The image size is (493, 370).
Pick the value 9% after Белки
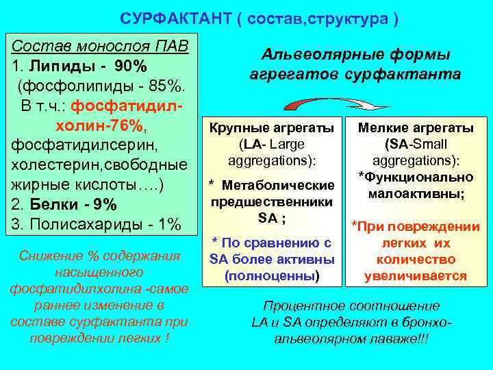[105, 205]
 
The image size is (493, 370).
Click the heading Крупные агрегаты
[272, 128]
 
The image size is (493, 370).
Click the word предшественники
[272, 202]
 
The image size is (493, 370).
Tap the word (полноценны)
[272, 276]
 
